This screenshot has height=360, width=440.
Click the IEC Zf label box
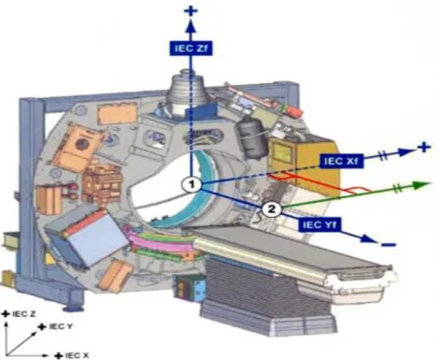coord(192,49)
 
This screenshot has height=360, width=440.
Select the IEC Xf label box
coord(341,161)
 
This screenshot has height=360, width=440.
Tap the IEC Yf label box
coord(319,224)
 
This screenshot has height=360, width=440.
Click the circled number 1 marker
coord(192,184)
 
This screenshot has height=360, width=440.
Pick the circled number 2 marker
coord(272,209)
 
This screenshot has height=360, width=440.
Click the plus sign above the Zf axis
coord(191,12)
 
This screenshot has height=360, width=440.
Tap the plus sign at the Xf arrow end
coord(424,147)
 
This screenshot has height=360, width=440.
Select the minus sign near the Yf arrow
coord(389,244)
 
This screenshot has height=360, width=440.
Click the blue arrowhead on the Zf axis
coord(192,27)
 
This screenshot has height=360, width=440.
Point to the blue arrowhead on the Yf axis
coord(368,239)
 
